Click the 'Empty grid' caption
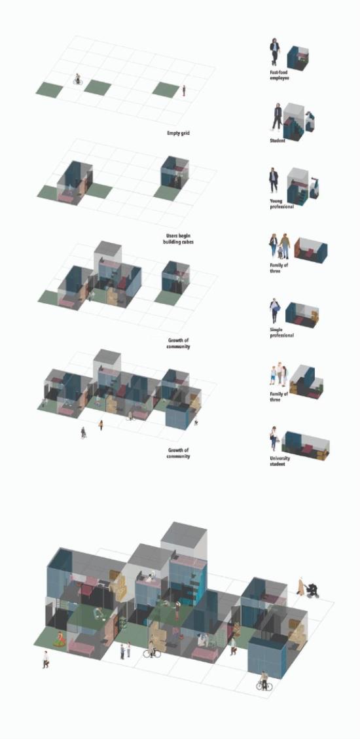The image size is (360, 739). [178, 134]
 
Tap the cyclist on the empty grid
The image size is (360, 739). [78, 79]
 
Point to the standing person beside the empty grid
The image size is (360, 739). [184, 90]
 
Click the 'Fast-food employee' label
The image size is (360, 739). [280, 75]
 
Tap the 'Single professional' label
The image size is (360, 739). [281, 333]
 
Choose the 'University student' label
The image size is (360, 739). [280, 461]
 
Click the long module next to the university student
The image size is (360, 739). [307, 445]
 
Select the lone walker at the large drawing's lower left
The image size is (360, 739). [46, 659]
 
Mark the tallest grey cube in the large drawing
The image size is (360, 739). [184, 542]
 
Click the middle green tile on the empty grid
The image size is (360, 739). [98, 88]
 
